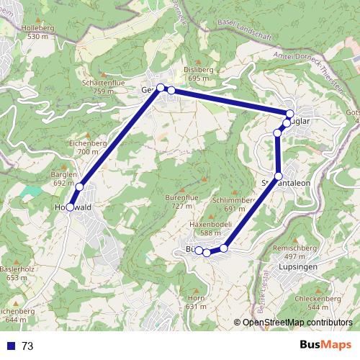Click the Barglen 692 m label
64,179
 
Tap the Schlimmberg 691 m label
235,204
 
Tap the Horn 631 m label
196,302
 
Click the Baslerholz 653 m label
17,273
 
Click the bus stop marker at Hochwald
70,207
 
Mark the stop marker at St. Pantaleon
279,176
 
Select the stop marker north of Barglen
80,187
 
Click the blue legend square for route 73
10,346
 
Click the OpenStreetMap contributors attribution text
297,323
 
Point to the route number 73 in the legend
27,346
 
